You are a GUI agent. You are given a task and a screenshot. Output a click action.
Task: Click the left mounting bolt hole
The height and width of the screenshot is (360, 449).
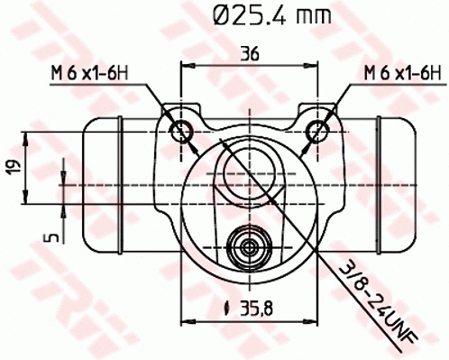(x=183, y=128)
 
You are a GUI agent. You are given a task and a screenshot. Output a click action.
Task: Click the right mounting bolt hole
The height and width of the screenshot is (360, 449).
(x=316, y=128)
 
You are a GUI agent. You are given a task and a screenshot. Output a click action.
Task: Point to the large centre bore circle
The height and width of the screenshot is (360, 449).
(x=250, y=169)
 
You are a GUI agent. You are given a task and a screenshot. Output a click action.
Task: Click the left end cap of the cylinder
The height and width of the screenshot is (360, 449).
(x=102, y=185)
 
